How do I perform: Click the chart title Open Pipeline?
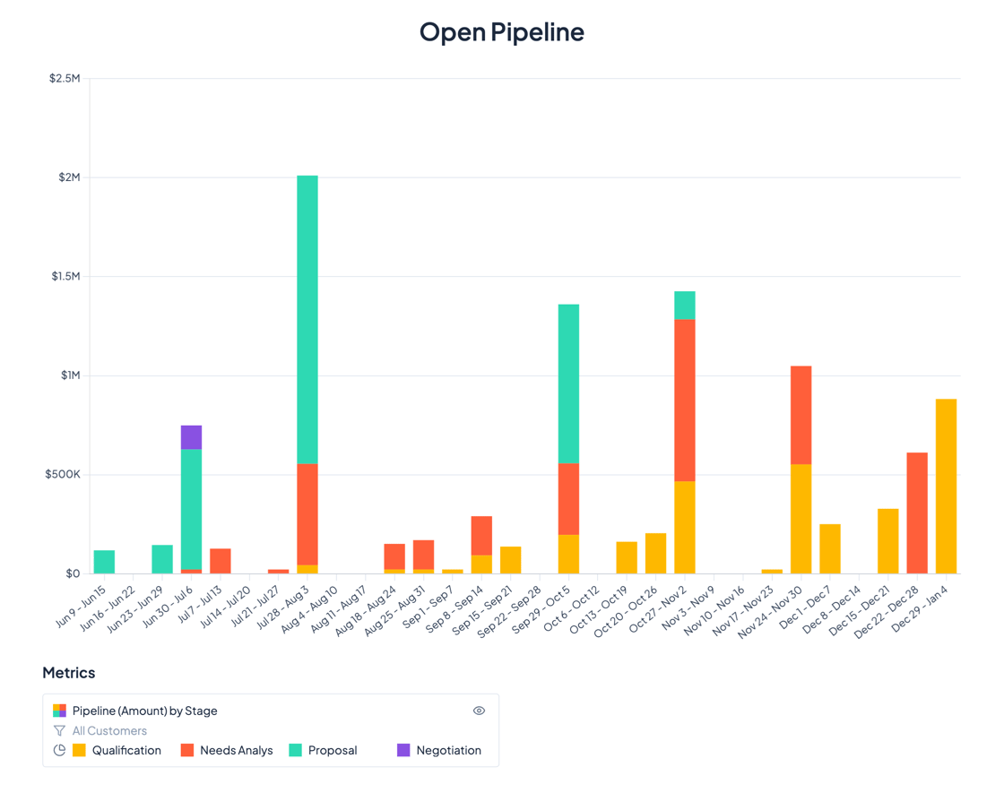501,32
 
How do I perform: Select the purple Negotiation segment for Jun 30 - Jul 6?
191,437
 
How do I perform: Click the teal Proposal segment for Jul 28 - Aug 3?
307,319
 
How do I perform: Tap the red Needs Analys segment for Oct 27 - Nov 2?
685,400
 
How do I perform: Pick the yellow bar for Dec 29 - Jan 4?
946,486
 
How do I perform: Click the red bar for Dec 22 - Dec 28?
917,513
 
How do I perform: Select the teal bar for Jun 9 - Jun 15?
104,562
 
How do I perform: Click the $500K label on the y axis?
63,474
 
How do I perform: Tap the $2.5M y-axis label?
65,79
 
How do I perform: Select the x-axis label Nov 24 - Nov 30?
773,610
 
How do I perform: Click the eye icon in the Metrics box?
479,711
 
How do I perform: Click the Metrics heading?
69,673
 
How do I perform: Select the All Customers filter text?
109,731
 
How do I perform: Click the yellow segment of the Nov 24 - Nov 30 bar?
801,519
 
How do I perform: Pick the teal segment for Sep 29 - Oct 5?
568,383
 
